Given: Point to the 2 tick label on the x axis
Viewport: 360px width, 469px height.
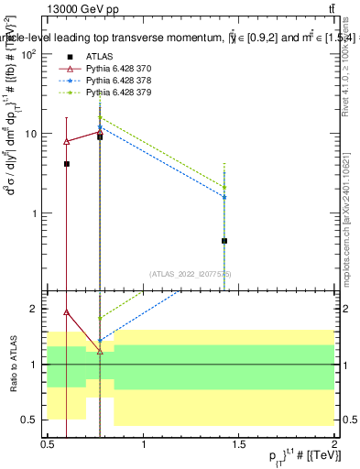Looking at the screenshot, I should (x=334, y=444).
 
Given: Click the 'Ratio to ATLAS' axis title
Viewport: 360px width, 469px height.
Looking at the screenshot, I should (x=13, y=365).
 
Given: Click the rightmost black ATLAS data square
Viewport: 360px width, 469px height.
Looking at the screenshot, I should (x=224, y=241).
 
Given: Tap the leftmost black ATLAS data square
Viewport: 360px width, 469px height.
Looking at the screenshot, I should (x=66, y=164).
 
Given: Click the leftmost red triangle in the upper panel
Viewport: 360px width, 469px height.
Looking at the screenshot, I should (x=66, y=141).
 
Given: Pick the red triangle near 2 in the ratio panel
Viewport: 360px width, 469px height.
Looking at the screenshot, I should (x=66, y=311).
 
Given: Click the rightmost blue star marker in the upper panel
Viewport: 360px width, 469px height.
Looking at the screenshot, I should (x=224, y=197).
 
